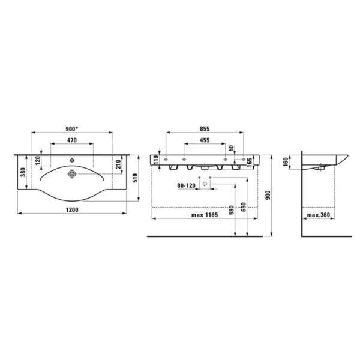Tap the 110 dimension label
[x=155, y=159]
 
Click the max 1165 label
[x=205, y=214]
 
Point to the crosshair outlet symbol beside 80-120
[x=205, y=185]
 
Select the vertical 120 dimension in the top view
[x=37, y=161]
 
